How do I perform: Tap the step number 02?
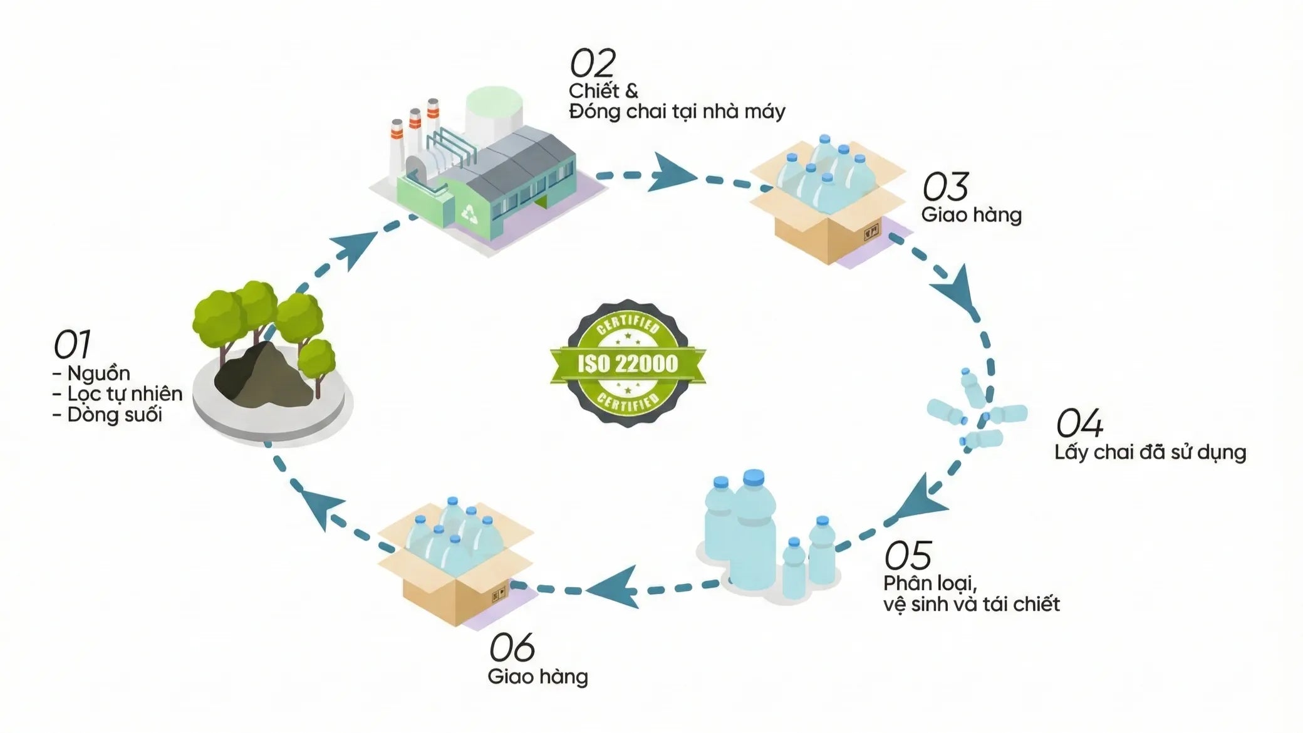click(592, 63)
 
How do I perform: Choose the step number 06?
click(512, 647)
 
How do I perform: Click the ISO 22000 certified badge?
click(628, 363)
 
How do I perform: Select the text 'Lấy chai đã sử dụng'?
click(1150, 452)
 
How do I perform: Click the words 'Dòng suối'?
click(114, 415)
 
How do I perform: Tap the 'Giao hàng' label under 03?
click(971, 215)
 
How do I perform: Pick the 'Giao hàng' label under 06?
click(537, 677)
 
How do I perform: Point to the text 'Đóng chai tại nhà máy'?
click(677, 112)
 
